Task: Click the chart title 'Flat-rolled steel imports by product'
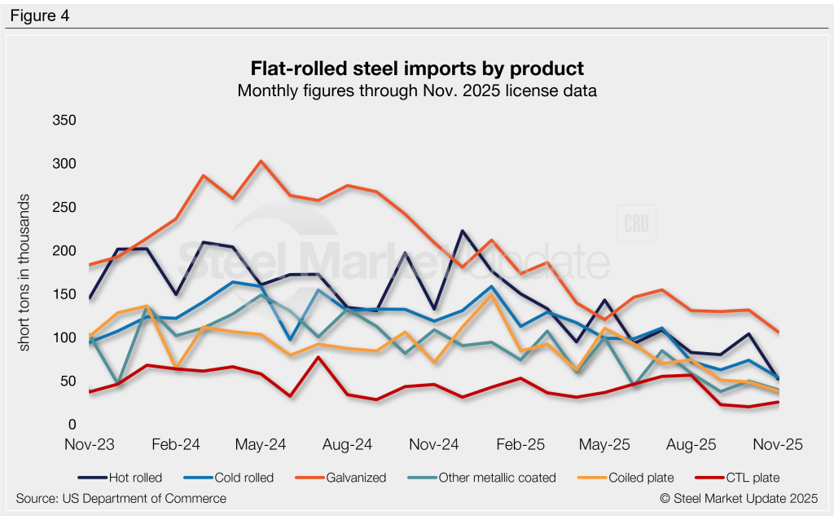tap(417, 68)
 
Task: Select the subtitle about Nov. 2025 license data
tap(417, 90)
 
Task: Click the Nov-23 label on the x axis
tap(89, 444)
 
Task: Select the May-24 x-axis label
tap(261, 444)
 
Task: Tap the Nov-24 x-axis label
tap(434, 444)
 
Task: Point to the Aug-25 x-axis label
tap(692, 444)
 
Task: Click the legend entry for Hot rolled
tap(130, 478)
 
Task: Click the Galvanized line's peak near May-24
tap(261, 161)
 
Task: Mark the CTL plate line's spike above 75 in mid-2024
tap(318, 357)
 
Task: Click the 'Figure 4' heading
tap(40, 15)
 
